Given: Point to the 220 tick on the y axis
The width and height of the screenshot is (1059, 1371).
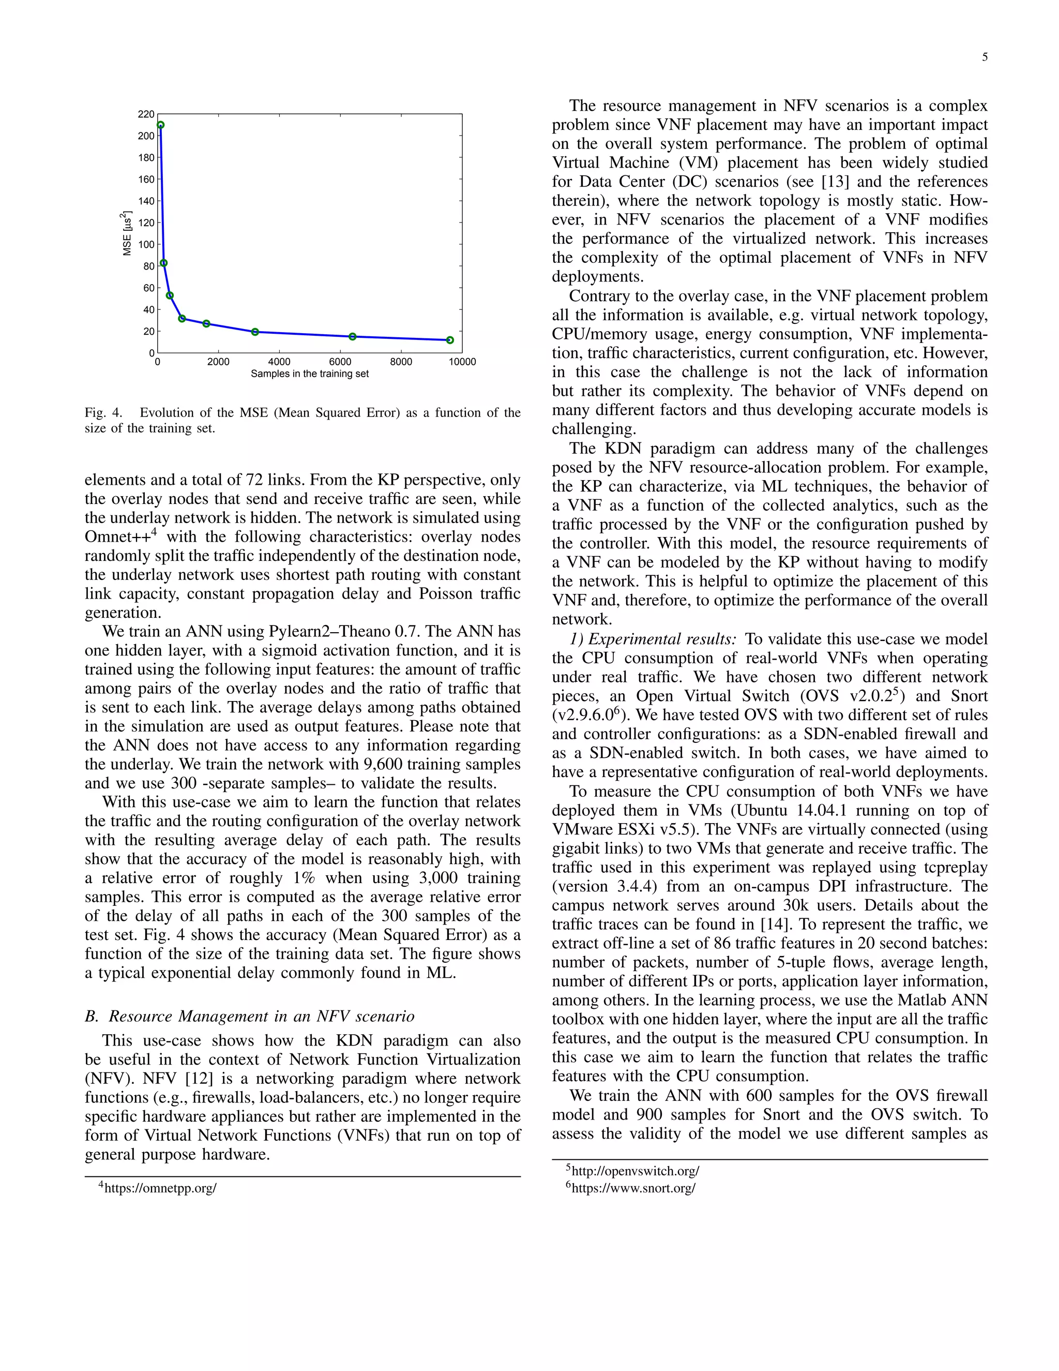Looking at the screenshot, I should click(x=145, y=114).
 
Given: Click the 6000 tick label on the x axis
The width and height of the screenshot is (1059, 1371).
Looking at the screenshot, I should click(x=340, y=362).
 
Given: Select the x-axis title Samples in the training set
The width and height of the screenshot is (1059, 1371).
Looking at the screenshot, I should click(x=309, y=374).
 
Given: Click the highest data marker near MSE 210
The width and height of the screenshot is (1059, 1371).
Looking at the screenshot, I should click(x=161, y=125).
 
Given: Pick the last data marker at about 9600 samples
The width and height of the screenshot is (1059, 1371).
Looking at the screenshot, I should click(x=450, y=340).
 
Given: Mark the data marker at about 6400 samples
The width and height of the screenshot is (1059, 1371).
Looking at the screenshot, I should click(x=353, y=336).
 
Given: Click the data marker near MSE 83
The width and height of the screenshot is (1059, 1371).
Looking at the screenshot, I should click(x=164, y=263).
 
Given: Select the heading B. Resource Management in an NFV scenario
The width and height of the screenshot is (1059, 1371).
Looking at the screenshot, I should click(x=250, y=1016).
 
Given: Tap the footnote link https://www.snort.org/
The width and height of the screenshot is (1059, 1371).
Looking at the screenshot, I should click(x=633, y=1188).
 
